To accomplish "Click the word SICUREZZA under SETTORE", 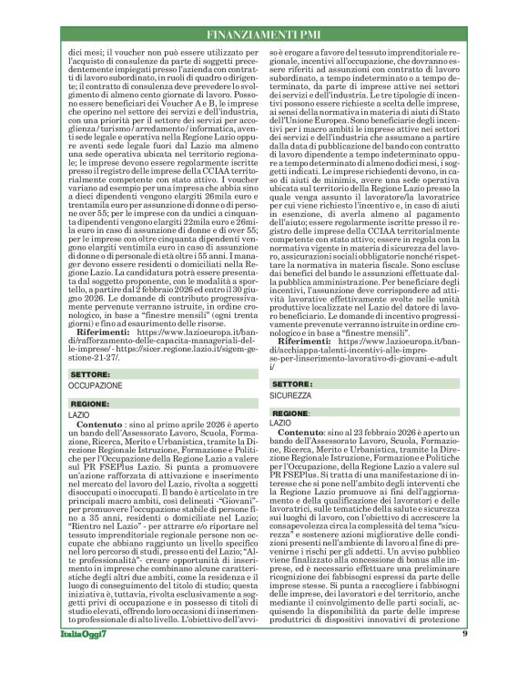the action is [x=292, y=398].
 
